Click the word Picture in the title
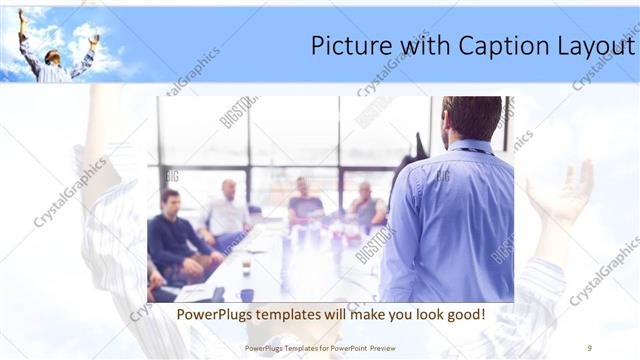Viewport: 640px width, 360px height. point(345,47)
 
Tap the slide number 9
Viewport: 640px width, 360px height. point(590,347)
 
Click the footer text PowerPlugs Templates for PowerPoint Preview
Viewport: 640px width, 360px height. point(320,347)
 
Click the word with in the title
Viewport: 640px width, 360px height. point(414,47)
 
